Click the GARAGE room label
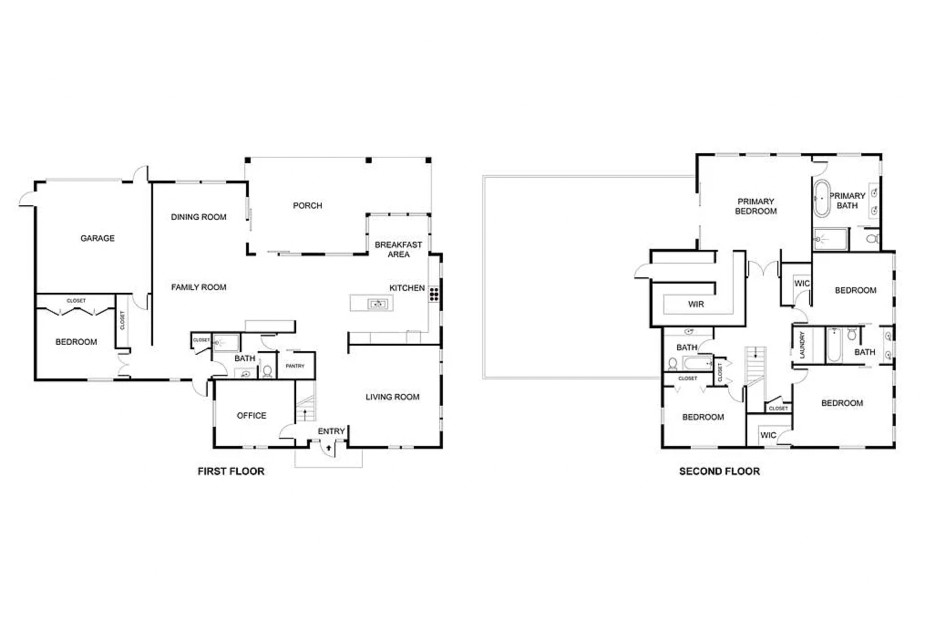click(x=98, y=238)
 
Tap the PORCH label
click(x=308, y=206)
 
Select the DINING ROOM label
click(x=199, y=217)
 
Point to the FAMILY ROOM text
click(x=199, y=287)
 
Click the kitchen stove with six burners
click(x=434, y=294)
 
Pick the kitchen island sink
click(x=378, y=303)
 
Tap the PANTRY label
click(x=295, y=366)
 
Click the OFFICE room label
click(x=252, y=415)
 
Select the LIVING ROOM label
click(x=392, y=397)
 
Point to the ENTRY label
click(x=331, y=431)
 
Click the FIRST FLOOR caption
click(x=231, y=472)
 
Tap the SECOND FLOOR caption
click(x=719, y=472)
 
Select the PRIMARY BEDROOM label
click(x=756, y=206)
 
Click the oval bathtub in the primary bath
click(x=822, y=198)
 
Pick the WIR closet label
click(x=696, y=304)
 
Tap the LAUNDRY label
click(x=802, y=344)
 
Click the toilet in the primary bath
click(x=872, y=238)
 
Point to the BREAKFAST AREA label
click(x=398, y=249)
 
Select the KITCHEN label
click(x=407, y=288)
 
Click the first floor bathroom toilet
click(x=267, y=372)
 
